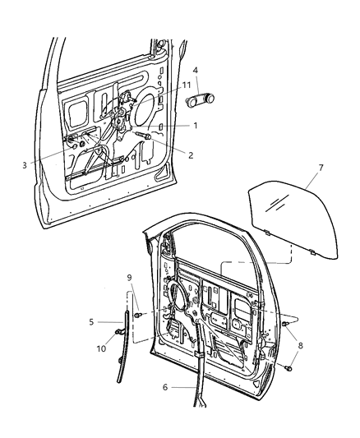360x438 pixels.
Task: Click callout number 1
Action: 196,125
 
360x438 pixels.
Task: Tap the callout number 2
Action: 191,154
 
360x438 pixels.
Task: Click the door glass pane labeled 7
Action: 284,218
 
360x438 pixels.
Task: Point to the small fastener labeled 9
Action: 139,314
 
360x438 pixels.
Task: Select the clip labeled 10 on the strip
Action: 119,332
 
